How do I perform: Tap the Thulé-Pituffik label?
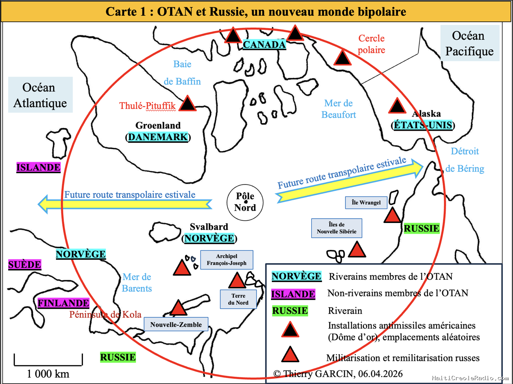[147, 106]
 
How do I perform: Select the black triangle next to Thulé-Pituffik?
[187, 103]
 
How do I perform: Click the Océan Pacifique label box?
[470, 44]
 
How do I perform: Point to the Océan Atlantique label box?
[41, 95]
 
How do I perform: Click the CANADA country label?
[264, 44]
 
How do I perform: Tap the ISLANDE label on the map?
[38, 167]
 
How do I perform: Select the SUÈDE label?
[24, 265]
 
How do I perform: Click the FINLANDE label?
[63, 303]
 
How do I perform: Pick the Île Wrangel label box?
[366, 202]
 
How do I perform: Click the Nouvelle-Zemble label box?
[176, 324]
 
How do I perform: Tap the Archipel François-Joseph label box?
[227, 260]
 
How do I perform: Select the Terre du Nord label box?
[238, 299]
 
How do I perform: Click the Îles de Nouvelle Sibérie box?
[336, 228]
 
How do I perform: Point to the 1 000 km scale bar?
[48, 365]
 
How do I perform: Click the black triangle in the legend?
[290, 330]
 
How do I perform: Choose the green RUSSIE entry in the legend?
[290, 311]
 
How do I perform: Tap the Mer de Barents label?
[137, 283]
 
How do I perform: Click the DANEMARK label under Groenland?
[158, 137]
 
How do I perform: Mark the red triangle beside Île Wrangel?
[392, 215]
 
